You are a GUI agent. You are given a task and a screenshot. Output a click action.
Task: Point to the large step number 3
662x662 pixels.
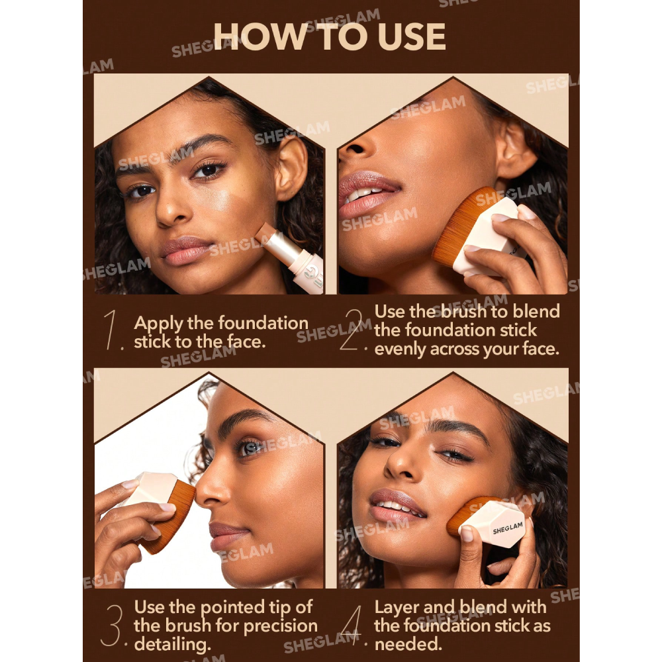click(x=113, y=626)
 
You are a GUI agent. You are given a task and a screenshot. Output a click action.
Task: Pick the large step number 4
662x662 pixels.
click(x=352, y=626)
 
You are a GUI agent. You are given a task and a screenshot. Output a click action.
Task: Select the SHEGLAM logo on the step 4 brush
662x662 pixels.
click(x=508, y=528)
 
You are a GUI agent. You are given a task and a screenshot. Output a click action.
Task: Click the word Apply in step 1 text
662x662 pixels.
click(x=158, y=324)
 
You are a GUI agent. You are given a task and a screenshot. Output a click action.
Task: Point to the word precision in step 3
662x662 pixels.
click(x=281, y=626)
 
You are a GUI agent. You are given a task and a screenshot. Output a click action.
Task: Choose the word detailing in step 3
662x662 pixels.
click(x=172, y=645)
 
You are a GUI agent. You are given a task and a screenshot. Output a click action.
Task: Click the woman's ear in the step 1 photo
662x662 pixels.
click(x=291, y=168)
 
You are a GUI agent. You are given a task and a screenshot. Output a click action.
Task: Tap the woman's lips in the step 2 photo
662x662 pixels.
click(x=367, y=195)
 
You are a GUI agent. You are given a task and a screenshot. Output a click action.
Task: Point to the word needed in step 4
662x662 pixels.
click(x=408, y=645)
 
